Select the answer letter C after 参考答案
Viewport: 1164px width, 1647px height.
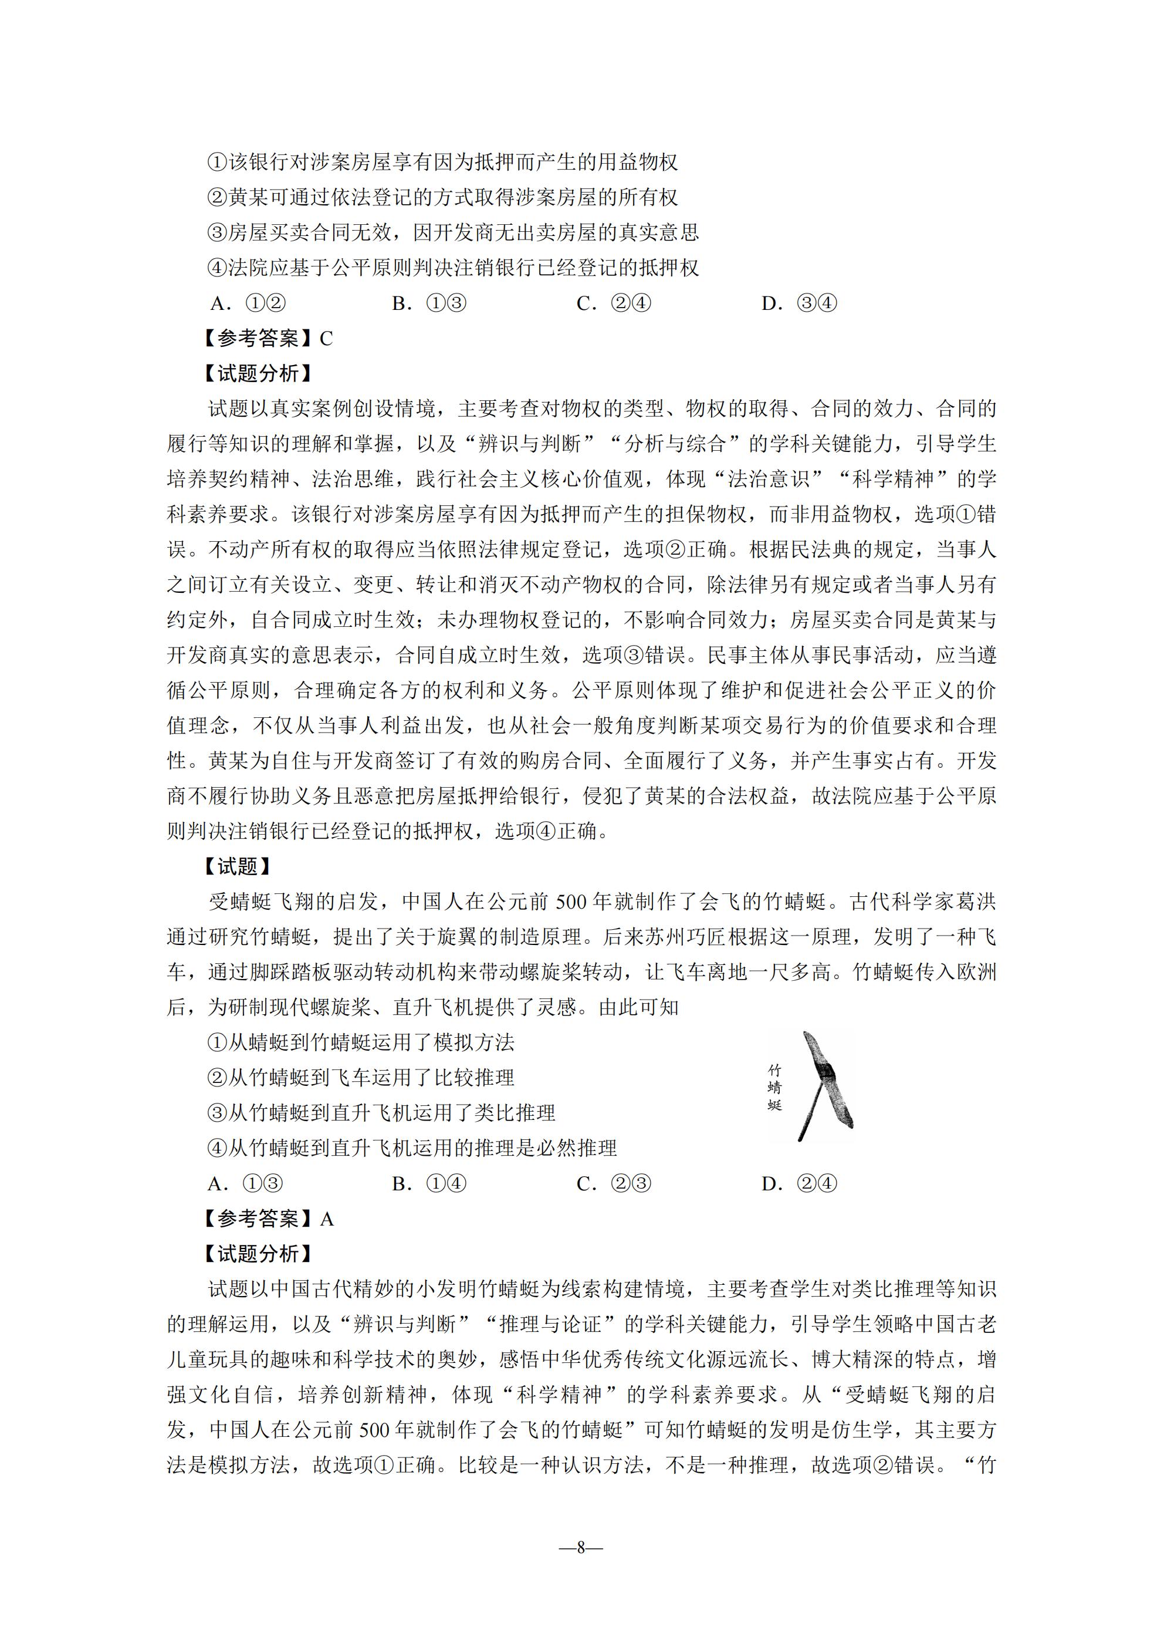click(x=326, y=339)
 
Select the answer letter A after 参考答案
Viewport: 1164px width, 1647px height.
click(x=326, y=1219)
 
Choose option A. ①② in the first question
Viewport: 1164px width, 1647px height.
click(x=248, y=303)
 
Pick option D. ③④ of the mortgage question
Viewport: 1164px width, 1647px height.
click(x=799, y=303)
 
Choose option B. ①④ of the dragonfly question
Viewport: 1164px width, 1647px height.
click(x=429, y=1184)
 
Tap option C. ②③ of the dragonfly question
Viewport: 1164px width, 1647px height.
click(x=614, y=1184)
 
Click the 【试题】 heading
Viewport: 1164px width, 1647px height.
click(x=238, y=866)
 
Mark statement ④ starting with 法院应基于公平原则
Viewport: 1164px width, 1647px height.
click(x=452, y=268)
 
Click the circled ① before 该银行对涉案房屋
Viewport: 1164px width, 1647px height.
click(x=216, y=162)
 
